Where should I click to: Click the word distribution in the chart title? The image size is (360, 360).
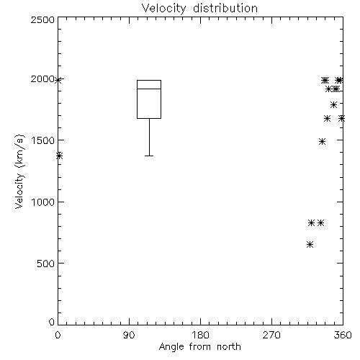tap(225, 8)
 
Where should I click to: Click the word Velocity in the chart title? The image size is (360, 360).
tap(163, 9)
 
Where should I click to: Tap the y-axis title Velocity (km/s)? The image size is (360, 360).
tap(19, 172)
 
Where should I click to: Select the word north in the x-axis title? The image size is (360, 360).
tap(229, 347)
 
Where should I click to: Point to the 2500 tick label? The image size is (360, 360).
tap(42, 19)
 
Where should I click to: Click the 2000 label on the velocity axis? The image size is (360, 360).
tap(42, 79)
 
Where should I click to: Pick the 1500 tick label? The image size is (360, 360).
tap(43, 140)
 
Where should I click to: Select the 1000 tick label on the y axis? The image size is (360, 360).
tap(43, 202)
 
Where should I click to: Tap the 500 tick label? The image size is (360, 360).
tap(46, 264)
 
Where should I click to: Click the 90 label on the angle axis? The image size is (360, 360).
tap(129, 335)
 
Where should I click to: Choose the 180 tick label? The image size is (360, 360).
tap(200, 335)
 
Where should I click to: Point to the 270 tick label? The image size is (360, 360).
tap(271, 335)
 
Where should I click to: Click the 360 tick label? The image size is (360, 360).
tap(343, 335)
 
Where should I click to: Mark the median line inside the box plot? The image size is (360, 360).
tap(149, 89)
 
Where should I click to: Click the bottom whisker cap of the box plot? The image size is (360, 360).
tap(149, 156)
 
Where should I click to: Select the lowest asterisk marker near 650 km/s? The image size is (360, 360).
tap(310, 245)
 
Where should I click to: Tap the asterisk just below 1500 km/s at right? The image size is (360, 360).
tap(323, 141)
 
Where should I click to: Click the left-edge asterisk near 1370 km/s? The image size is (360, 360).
tap(60, 156)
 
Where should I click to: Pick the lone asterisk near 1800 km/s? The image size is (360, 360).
tap(333, 104)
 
